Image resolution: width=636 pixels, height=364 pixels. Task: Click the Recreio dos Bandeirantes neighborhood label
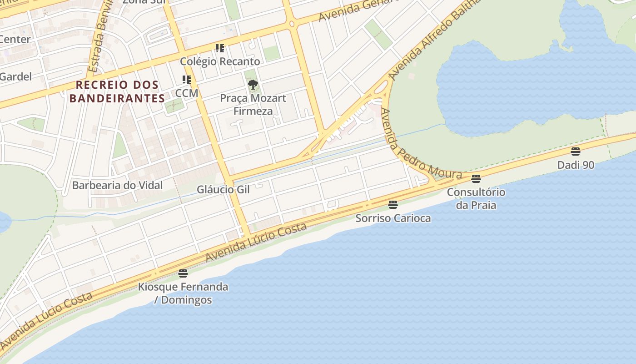(x=117, y=91)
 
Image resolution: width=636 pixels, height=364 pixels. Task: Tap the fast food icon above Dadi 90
(x=576, y=152)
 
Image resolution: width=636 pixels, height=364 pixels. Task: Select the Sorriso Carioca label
(x=393, y=218)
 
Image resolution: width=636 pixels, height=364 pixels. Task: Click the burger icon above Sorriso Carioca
(x=393, y=205)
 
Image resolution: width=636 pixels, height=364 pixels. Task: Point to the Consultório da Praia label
(x=476, y=198)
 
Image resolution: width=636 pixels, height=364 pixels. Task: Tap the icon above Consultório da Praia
(x=476, y=179)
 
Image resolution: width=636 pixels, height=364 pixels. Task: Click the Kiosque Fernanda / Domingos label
(x=183, y=293)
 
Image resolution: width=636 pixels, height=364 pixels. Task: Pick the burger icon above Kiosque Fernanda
(x=183, y=273)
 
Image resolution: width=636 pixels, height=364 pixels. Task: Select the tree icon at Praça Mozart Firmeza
(x=253, y=85)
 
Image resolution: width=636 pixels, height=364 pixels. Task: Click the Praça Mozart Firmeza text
(x=253, y=105)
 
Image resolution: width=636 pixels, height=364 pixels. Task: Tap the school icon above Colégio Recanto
(x=220, y=48)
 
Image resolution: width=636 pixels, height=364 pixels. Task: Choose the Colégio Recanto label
(x=220, y=61)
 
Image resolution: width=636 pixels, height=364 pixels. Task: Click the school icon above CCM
(x=187, y=80)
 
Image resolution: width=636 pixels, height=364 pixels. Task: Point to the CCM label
(x=187, y=93)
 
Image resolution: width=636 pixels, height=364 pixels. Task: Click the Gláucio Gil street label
(x=223, y=189)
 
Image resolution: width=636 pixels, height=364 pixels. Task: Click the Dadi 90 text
(x=576, y=165)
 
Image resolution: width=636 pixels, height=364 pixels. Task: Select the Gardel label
(x=15, y=76)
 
